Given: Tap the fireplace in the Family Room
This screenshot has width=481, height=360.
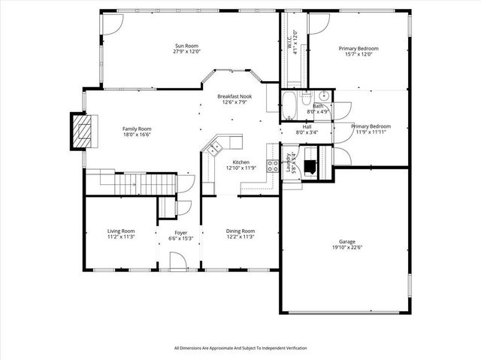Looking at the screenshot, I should pos(79,130).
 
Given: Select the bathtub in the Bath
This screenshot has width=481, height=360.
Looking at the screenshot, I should pos(289,105).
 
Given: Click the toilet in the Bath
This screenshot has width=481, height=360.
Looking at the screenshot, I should pos(307,100).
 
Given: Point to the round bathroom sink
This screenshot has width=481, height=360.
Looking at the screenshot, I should pos(322,95).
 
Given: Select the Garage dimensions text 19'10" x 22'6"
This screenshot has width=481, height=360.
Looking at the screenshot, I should pos(346,247).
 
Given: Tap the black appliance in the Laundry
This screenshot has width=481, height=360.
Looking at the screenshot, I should pos(309,166).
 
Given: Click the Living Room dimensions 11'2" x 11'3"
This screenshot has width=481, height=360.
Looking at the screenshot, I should pos(120,237).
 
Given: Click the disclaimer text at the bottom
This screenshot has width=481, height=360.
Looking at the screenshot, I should pos(240,348).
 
